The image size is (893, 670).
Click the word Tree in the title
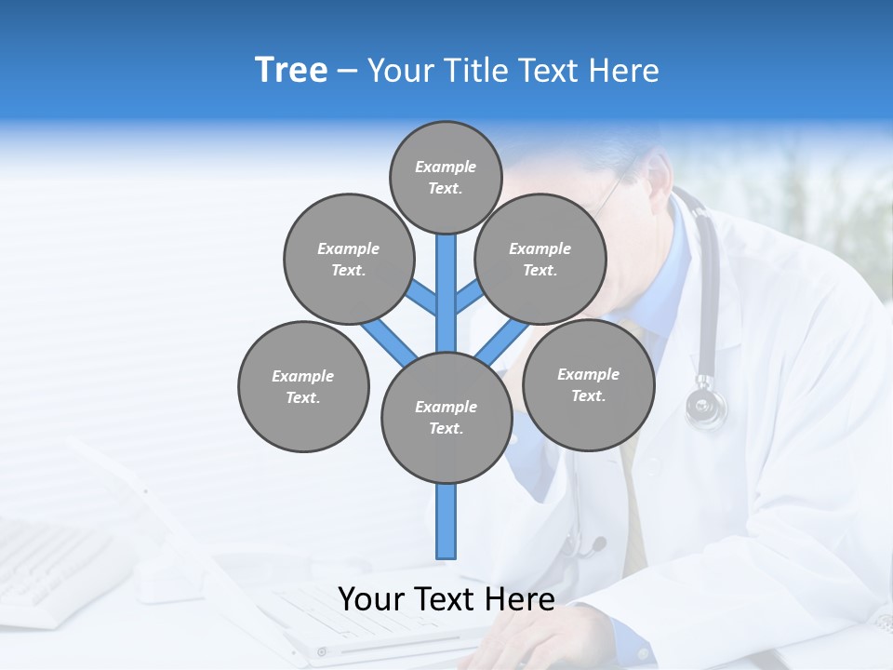coord(291,70)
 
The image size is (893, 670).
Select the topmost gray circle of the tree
coord(446,177)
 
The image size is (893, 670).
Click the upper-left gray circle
coord(348,259)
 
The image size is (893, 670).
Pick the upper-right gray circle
coord(540,259)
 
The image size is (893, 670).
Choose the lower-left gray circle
coord(302,386)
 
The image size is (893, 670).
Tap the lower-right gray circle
coord(588,384)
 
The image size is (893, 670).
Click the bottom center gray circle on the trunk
coord(446,417)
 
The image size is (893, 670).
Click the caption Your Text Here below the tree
coord(446,599)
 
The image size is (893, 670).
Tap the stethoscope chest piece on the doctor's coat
coord(706,406)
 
